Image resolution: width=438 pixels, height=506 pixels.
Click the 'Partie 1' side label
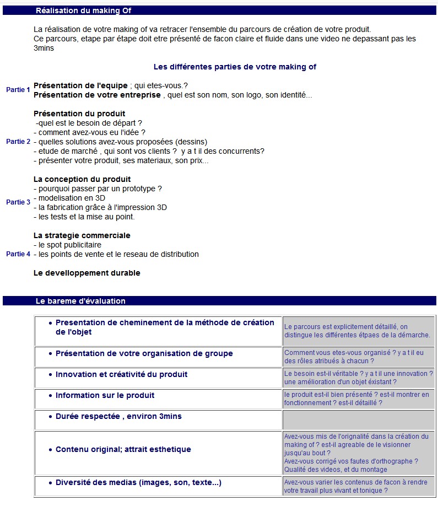[x=18, y=90]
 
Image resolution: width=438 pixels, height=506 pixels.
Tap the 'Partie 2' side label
[x=18, y=142]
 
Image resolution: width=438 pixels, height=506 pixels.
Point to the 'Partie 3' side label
[x=18, y=202]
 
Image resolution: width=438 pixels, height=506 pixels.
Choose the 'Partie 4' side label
[x=18, y=254]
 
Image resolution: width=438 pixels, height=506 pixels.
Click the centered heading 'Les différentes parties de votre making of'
[x=235, y=67]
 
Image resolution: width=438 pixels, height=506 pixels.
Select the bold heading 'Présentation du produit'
[x=79, y=114]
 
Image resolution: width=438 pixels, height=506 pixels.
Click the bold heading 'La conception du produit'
[x=82, y=179]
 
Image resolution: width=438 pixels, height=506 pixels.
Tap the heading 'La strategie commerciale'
[x=82, y=235]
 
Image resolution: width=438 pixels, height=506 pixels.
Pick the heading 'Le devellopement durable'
[x=87, y=273]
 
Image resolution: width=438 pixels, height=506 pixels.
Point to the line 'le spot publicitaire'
[x=70, y=245]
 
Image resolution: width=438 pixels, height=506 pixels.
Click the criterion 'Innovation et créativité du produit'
[x=121, y=374]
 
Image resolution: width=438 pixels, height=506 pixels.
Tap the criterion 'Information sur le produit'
[x=105, y=395]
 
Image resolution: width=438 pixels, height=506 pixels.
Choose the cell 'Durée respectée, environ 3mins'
[x=118, y=416]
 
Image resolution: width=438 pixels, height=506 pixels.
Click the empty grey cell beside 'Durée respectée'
[x=359, y=420]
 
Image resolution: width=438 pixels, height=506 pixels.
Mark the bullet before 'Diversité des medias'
[x=51, y=483]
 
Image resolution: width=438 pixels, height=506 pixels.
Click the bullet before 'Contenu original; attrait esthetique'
[x=51, y=450]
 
